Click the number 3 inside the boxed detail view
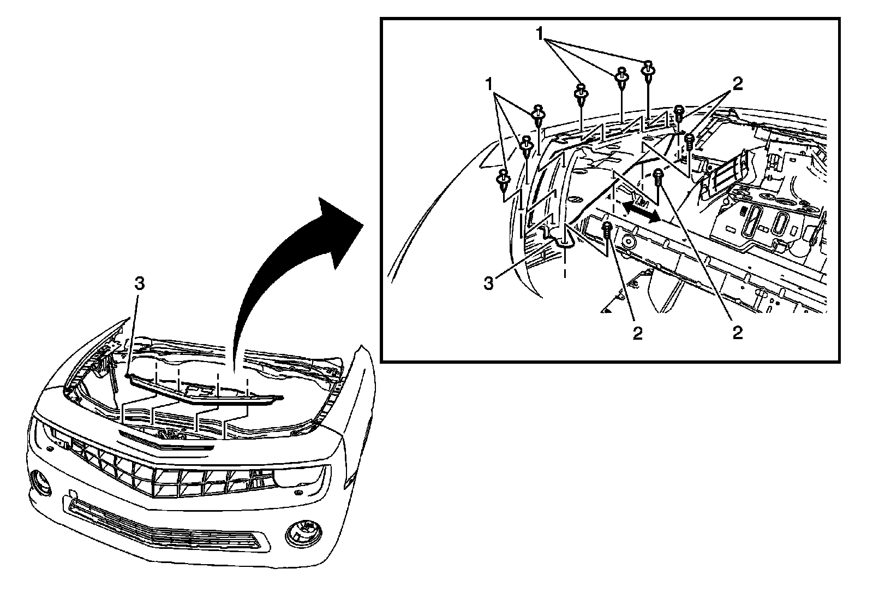pyautogui.click(x=489, y=283)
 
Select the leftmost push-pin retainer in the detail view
pyautogui.click(x=503, y=180)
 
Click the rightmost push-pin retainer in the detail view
pyautogui.click(x=648, y=69)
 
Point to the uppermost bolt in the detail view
pyautogui.click(x=679, y=113)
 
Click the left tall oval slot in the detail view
pyautogui.click(x=752, y=222)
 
